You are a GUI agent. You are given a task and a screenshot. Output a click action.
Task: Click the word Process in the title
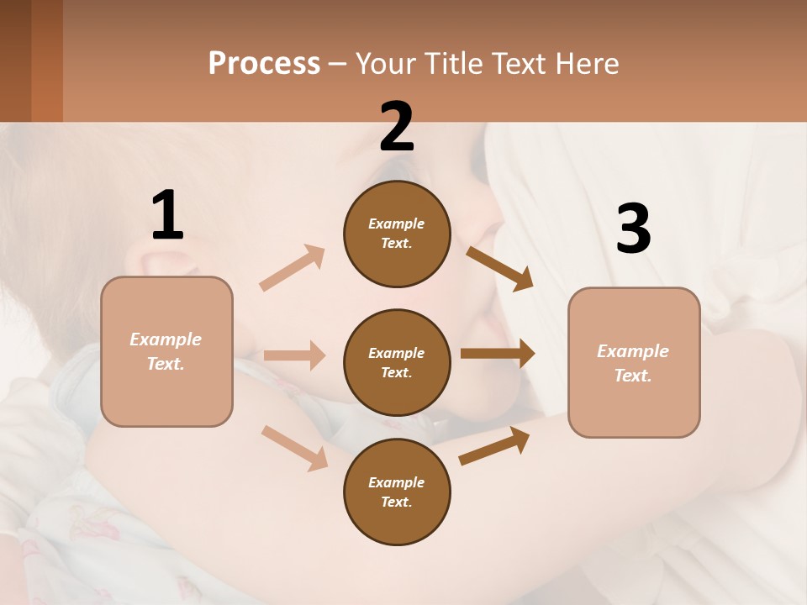coord(264,64)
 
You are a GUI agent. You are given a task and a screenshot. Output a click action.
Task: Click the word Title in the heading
coord(451,64)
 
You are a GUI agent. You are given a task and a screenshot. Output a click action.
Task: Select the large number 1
coord(167,216)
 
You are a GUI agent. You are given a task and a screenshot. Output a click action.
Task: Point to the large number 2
coord(397,127)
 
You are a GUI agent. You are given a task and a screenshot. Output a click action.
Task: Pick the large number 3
coord(633,229)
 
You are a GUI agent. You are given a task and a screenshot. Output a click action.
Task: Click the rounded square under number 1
coord(166,351)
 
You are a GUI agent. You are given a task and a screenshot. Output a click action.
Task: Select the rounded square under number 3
coord(634,363)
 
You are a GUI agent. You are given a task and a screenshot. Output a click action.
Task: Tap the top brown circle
coord(397,234)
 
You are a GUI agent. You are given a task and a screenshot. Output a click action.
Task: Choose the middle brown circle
coord(397,363)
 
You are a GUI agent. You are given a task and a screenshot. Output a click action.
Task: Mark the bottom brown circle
coord(397,492)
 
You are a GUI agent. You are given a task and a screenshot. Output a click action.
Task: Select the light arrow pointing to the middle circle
coord(294,355)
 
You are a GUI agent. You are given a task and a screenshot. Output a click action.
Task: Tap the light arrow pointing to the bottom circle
coord(295,448)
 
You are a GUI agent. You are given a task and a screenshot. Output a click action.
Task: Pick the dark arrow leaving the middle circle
coord(498,354)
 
